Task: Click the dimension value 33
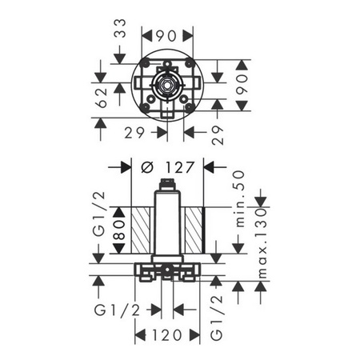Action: click(x=122, y=28)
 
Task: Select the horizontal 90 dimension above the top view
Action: click(x=166, y=36)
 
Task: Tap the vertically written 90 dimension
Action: click(x=242, y=84)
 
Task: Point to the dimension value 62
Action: click(x=102, y=98)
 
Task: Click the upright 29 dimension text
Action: click(x=134, y=133)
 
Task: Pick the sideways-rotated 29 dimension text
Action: click(x=218, y=135)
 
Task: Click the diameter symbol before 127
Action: click(x=147, y=168)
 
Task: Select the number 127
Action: click(x=179, y=168)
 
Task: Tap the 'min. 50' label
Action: click(x=240, y=199)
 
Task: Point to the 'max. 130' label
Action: click(x=262, y=243)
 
